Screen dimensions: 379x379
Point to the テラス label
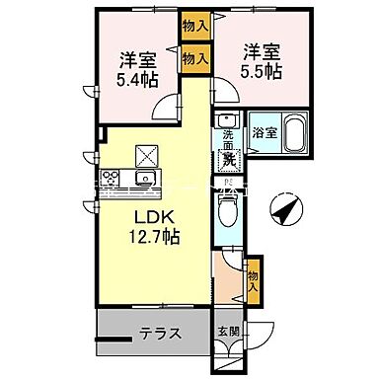[159, 333]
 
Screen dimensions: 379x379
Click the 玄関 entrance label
[227, 332]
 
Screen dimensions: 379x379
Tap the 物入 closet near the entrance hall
[253, 276]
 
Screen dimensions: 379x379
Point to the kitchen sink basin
[145, 179]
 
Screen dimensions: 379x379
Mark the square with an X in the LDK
[147, 154]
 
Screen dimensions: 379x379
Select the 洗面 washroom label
[228, 138]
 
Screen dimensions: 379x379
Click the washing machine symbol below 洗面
[227, 158]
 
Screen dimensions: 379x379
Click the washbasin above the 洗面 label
[224, 120]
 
